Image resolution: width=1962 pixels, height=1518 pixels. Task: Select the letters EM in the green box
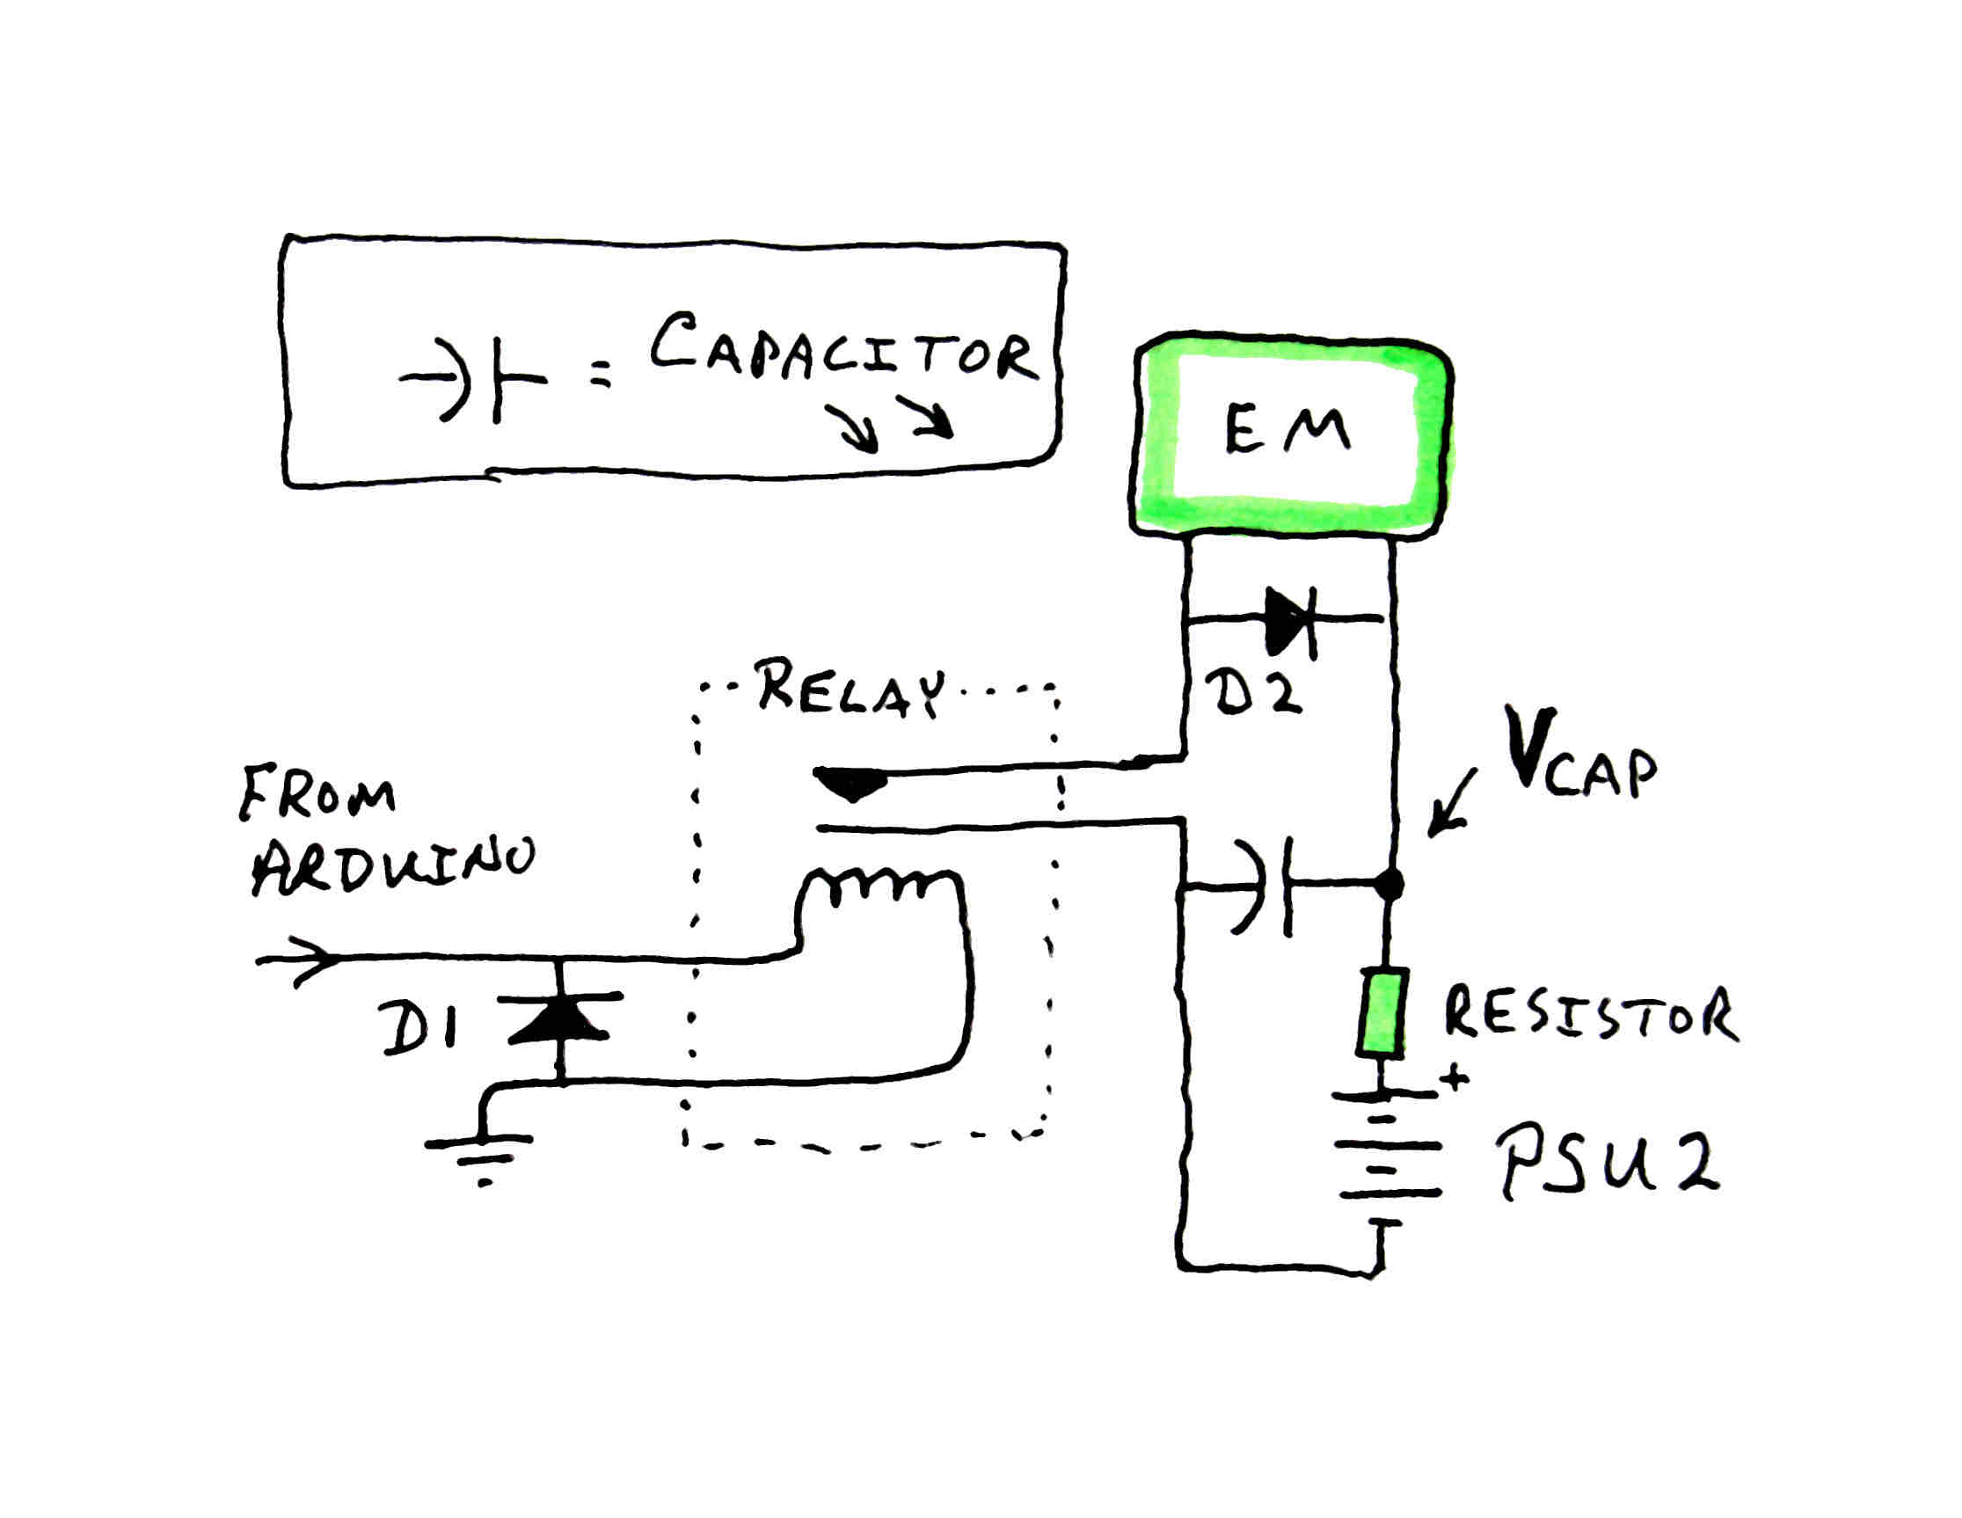tap(1287, 430)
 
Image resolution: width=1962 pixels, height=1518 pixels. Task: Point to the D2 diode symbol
tap(1290, 620)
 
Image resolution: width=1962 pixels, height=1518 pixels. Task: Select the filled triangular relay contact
tap(850, 785)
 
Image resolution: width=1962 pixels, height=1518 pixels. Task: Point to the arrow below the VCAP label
tap(1452, 805)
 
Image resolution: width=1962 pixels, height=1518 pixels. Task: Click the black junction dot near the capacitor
tap(1389, 884)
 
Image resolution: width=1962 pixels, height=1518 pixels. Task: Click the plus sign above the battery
tap(1455, 1079)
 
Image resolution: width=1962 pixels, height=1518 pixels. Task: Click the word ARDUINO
tap(391, 867)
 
